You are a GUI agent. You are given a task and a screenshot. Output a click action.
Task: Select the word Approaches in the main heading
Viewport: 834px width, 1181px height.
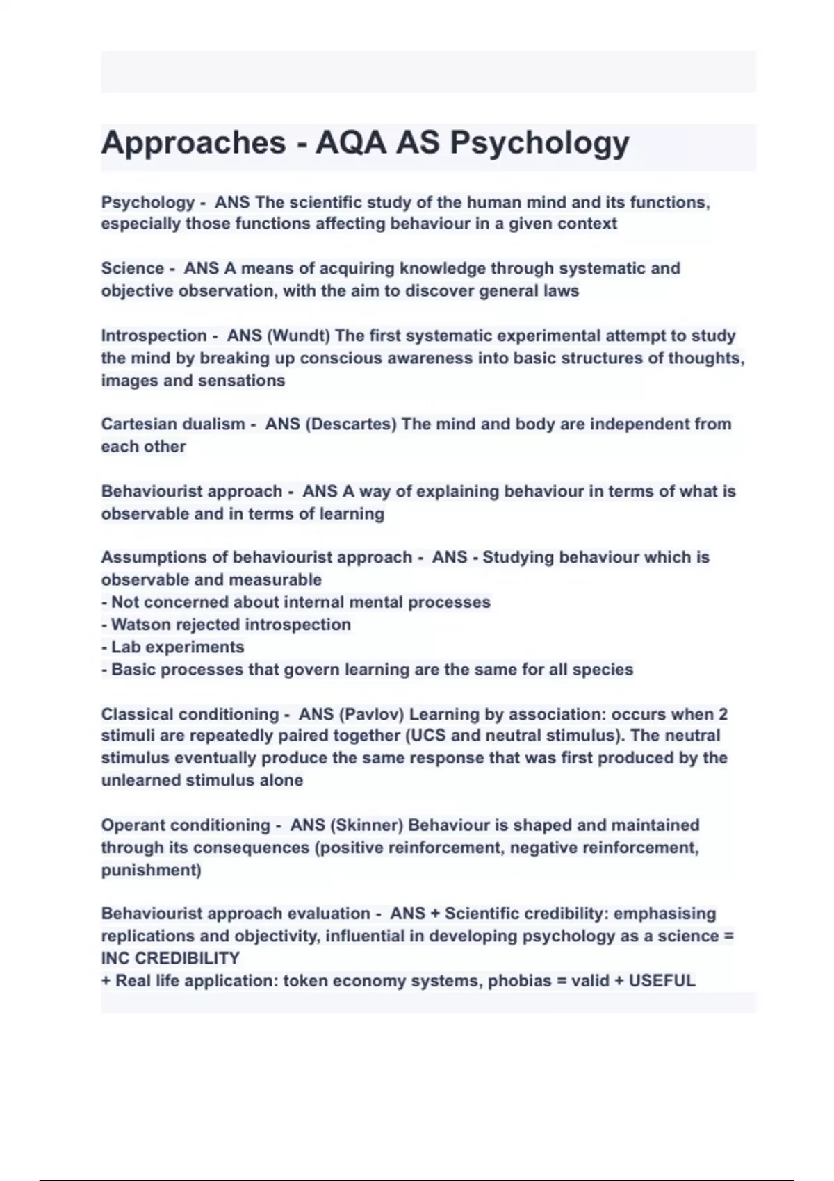tap(193, 143)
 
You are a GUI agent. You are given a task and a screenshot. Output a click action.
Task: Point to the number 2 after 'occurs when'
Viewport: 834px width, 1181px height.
tap(723, 714)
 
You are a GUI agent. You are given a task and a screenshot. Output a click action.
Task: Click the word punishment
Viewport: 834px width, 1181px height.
tap(149, 870)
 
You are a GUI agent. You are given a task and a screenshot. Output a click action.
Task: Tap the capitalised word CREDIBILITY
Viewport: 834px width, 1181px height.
tap(186, 958)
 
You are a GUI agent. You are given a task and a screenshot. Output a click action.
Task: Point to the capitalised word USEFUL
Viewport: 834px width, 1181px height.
tap(662, 981)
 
